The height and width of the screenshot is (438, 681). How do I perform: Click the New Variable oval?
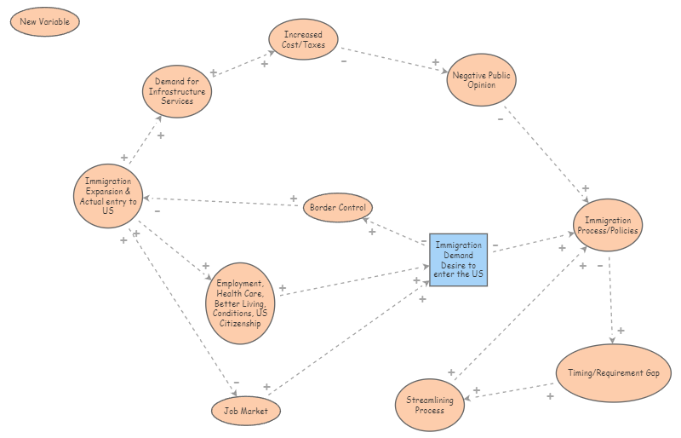pyautogui.click(x=44, y=21)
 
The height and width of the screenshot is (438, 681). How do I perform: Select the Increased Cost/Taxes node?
pyautogui.click(x=304, y=39)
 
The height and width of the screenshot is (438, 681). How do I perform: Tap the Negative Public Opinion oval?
pyautogui.click(x=481, y=80)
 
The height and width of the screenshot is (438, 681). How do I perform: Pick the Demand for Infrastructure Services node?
pyautogui.click(x=176, y=91)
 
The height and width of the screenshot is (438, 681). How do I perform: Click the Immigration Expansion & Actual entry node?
pyautogui.click(x=108, y=195)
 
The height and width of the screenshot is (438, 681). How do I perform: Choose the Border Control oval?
pyautogui.click(x=338, y=208)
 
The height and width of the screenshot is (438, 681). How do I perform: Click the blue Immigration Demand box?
pyautogui.click(x=458, y=259)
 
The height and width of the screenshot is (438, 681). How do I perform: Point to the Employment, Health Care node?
pyautogui.click(x=242, y=303)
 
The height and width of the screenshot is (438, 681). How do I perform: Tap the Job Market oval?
pyautogui.click(x=245, y=411)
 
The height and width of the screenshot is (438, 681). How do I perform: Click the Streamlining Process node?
pyautogui.click(x=430, y=405)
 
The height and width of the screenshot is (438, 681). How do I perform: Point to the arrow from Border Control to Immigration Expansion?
pyautogui.click(x=226, y=202)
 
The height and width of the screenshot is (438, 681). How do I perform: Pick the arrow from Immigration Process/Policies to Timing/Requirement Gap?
pyautogui.click(x=610, y=298)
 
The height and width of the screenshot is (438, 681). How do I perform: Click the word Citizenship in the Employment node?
pyautogui.click(x=241, y=324)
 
